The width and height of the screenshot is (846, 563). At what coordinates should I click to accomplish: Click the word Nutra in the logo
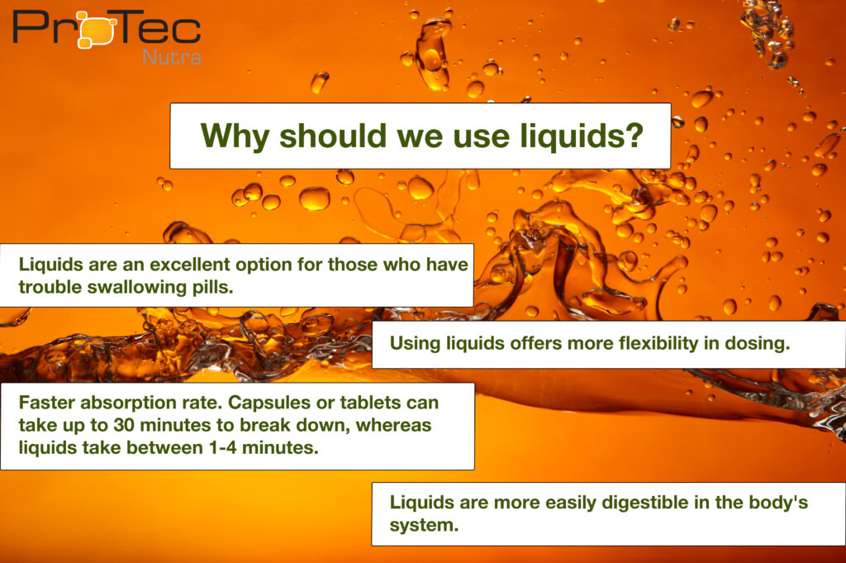(172, 57)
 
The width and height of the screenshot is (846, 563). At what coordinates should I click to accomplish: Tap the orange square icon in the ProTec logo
(97, 31)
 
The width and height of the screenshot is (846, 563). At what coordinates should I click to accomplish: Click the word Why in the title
(235, 136)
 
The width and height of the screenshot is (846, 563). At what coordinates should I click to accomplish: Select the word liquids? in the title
(582, 136)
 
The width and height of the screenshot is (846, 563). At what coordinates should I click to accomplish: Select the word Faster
(47, 403)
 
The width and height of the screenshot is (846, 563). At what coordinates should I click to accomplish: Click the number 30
(124, 426)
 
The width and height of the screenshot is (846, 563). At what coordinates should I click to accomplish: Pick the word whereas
(394, 426)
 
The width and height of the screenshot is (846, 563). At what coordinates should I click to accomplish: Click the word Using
(415, 344)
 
